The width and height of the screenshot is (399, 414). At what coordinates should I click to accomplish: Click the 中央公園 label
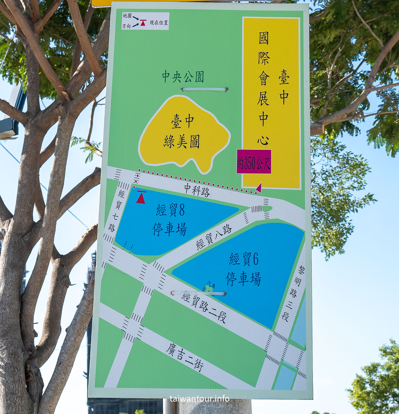pyautogui.click(x=183, y=77)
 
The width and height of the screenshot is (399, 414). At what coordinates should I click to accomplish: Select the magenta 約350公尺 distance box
pyautogui.click(x=254, y=162)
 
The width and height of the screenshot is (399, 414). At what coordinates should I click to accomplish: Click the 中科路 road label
pyautogui.click(x=197, y=189)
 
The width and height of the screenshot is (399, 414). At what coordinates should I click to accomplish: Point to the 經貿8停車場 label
pyautogui.click(x=170, y=220)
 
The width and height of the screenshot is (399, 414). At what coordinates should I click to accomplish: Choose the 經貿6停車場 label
pyautogui.click(x=244, y=269)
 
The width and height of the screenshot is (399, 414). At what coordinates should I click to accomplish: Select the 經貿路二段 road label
pyautogui.click(x=204, y=307)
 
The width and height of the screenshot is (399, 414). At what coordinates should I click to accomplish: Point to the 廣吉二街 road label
pyautogui.click(x=184, y=357)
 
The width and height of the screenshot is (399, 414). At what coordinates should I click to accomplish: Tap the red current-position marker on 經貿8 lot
pyautogui.click(x=141, y=197)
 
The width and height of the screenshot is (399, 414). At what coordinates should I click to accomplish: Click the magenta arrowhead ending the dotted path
pyautogui.click(x=258, y=188)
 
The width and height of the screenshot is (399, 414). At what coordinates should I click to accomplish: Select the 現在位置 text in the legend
pyautogui.click(x=159, y=23)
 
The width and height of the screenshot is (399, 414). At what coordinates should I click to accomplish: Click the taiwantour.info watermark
pyautogui.click(x=199, y=398)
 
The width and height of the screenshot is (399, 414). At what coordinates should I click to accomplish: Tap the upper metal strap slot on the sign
pyautogui.click(x=205, y=89)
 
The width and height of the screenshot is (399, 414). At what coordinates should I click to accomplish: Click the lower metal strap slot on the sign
pyautogui.click(x=198, y=294)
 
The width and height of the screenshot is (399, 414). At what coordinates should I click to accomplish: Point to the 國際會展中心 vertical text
pyautogui.click(x=264, y=89)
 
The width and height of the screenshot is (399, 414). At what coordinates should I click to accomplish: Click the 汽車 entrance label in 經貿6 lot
pyautogui.click(x=211, y=286)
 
